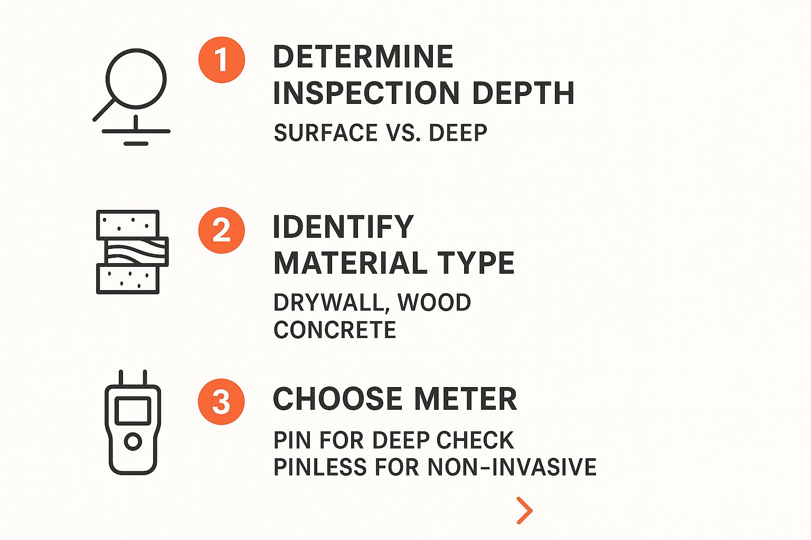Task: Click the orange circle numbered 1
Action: tap(222, 60)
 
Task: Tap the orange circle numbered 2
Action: tap(222, 230)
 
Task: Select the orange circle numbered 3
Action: tap(221, 402)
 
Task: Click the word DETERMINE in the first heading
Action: tap(363, 57)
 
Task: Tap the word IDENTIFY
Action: tap(343, 227)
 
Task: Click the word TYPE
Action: tap(476, 263)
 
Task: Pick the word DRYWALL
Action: tap(331, 303)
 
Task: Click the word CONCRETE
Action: tap(335, 331)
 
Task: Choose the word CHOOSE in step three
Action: tap(338, 399)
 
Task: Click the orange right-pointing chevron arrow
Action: tap(524, 510)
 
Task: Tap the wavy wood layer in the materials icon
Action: tap(137, 252)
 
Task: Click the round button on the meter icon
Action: tap(133, 441)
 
